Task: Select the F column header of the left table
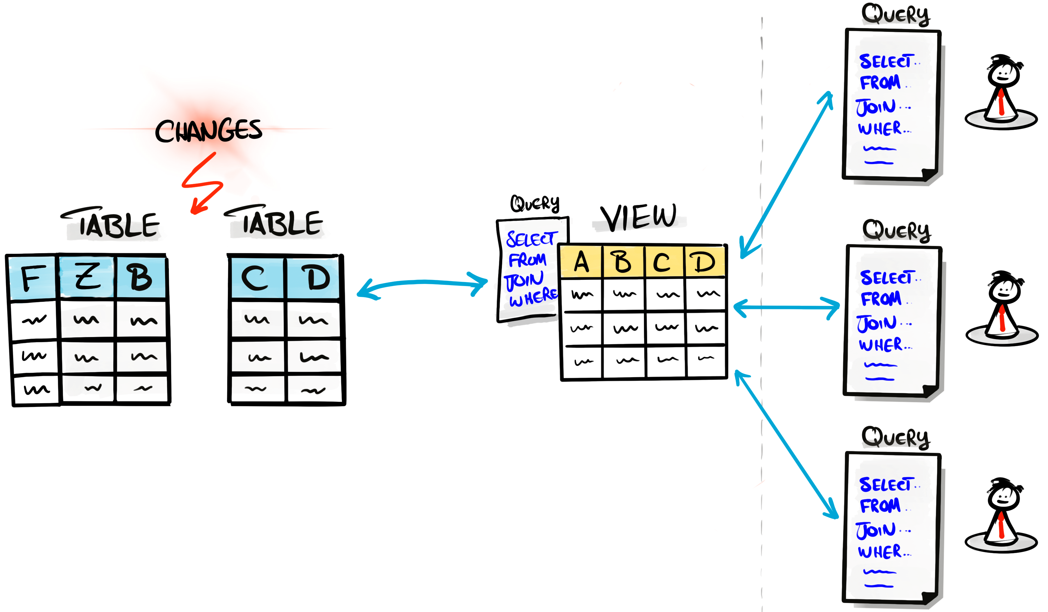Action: (x=32, y=278)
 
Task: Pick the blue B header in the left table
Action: (x=141, y=278)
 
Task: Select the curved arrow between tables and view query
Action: (x=422, y=283)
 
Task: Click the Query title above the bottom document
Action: (x=895, y=437)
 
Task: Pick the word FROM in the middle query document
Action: (x=881, y=298)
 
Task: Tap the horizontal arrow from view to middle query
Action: (x=786, y=308)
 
